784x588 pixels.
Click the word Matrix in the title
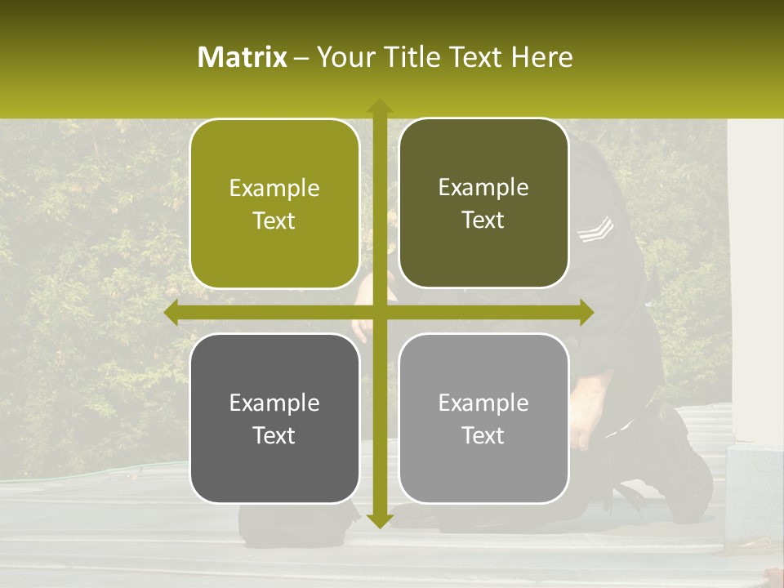pos(243,57)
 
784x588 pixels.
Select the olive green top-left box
pos(274,204)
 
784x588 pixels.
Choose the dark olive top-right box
pos(483,203)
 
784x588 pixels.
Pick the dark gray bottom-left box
pos(274,418)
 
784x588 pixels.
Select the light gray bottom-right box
pos(483,418)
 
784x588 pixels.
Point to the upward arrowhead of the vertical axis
pos(379,107)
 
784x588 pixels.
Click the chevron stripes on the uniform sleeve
pos(595,230)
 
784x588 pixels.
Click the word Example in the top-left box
pos(274,189)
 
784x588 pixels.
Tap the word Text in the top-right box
pos(483,220)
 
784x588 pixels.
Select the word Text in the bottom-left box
pos(274,435)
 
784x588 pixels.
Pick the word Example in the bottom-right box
pos(483,403)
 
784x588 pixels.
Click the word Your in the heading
pos(344,57)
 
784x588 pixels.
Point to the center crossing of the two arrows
pos(379,312)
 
